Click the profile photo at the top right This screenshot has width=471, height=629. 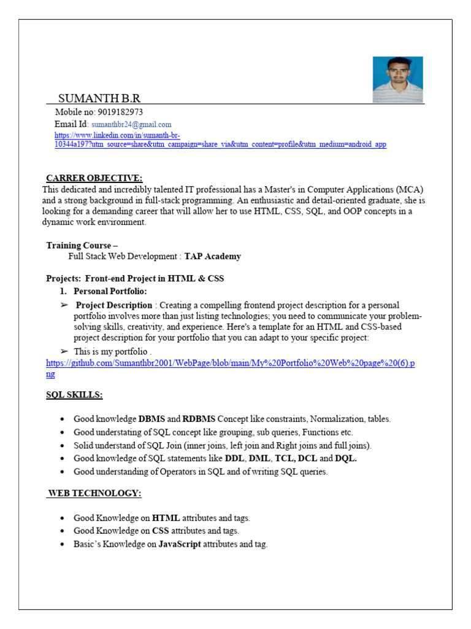[397, 79]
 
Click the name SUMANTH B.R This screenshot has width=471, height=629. [99, 98]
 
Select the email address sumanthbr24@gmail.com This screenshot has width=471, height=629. [131, 124]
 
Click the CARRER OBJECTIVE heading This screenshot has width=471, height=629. [94, 178]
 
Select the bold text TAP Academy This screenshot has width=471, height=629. [213, 256]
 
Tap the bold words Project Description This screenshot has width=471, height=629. [113, 305]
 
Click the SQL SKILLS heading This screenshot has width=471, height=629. [74, 394]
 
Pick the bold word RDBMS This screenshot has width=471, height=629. [199, 419]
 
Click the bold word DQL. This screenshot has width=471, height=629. [346, 458]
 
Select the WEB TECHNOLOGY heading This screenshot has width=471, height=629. [95, 493]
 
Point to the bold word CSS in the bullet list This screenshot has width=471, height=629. [160, 531]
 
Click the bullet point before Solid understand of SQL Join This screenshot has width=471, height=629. [63, 445]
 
